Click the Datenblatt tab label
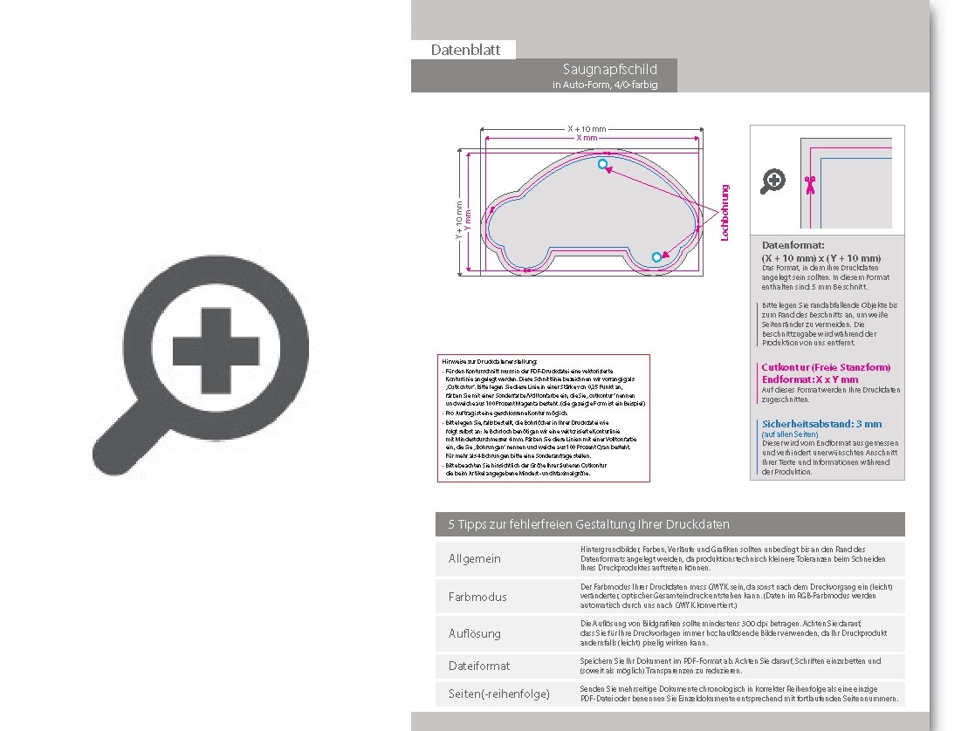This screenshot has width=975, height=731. pyautogui.click(x=465, y=50)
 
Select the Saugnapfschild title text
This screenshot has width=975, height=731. pyautogui.click(x=609, y=69)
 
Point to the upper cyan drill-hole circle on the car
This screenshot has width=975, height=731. pyautogui.click(x=602, y=164)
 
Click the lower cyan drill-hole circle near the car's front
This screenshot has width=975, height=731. pyautogui.click(x=656, y=256)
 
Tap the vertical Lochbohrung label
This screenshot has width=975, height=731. pyautogui.click(x=724, y=212)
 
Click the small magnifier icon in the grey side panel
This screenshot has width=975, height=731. pyautogui.click(x=772, y=181)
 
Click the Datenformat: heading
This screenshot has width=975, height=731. pyautogui.click(x=793, y=245)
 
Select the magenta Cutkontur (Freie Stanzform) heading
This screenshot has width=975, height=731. pyautogui.click(x=826, y=367)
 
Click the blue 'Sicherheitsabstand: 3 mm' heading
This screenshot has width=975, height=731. pyautogui.click(x=821, y=424)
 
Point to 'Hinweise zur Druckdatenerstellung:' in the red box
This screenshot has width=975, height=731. pyautogui.click(x=491, y=361)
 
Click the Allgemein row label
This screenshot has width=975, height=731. pyautogui.click(x=475, y=558)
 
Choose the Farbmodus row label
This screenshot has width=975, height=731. pyautogui.click(x=477, y=597)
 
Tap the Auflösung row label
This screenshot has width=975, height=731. pyautogui.click(x=475, y=633)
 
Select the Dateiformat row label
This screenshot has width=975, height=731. pyautogui.click(x=479, y=666)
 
